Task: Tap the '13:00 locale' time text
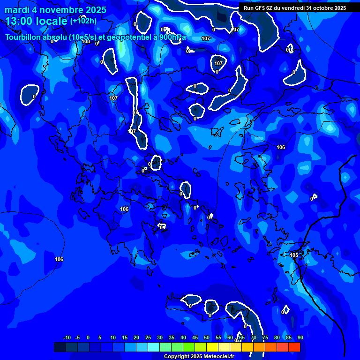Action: pyautogui.click(x=37, y=21)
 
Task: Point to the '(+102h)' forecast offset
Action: pyautogui.click(x=83, y=21)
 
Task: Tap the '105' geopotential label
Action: pyautogui.click(x=294, y=255)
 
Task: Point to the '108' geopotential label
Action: pyautogui.click(x=86, y=42)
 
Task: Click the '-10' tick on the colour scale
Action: pyautogui.click(x=67, y=337)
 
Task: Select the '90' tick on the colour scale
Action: pyautogui.click(x=300, y=337)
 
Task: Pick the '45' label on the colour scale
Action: pyautogui.click(x=195, y=337)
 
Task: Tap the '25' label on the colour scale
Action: pyautogui.click(x=148, y=337)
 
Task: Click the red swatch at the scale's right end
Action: pyautogui.click(x=294, y=347)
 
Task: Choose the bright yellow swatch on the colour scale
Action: pyautogui.click(x=212, y=347)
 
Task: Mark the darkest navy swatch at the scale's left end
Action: pyautogui.click(x=60, y=347)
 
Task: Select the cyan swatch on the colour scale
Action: pyautogui.click(x=153, y=347)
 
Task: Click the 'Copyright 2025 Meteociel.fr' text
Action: pyautogui.click(x=199, y=356)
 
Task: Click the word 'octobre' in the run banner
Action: pyautogui.click(x=323, y=7)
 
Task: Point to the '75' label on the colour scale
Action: pyautogui.click(x=265, y=337)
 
